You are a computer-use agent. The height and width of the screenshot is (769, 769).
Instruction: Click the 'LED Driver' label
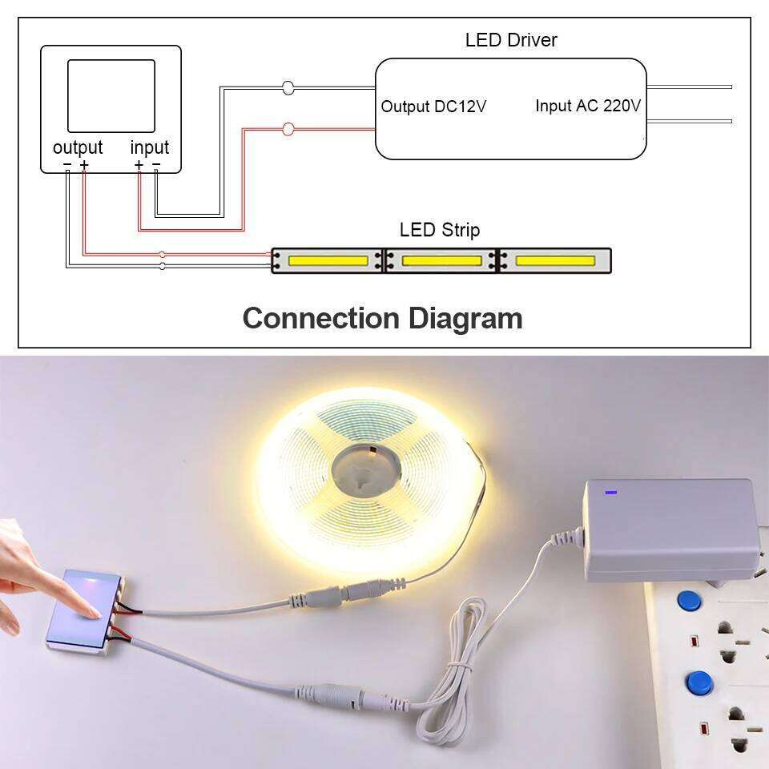click(x=511, y=39)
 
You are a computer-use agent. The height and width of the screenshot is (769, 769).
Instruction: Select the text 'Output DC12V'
click(x=433, y=107)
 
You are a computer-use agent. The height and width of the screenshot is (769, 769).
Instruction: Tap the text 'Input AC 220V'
click(x=588, y=106)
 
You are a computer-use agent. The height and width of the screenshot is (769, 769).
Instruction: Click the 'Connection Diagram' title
click(x=382, y=318)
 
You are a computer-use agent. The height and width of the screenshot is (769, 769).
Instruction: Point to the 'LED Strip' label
click(x=440, y=231)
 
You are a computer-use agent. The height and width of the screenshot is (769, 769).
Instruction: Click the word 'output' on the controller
click(x=78, y=147)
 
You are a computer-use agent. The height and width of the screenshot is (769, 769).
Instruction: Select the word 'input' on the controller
click(x=150, y=147)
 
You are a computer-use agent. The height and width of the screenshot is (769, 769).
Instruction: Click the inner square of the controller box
click(x=111, y=95)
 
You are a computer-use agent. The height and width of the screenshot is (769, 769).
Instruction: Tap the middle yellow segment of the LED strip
click(x=441, y=260)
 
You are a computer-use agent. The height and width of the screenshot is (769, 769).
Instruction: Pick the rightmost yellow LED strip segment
click(x=554, y=260)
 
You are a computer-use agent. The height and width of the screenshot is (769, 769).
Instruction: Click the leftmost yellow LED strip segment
click(x=328, y=260)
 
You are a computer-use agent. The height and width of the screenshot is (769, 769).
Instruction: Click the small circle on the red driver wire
click(x=288, y=128)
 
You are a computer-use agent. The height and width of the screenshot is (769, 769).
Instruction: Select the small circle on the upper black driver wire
click(x=288, y=87)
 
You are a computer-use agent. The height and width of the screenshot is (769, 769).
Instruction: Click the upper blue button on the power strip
click(x=686, y=601)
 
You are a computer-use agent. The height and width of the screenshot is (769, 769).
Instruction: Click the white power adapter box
click(x=670, y=529)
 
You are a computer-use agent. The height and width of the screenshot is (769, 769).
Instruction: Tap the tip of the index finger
click(x=97, y=613)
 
